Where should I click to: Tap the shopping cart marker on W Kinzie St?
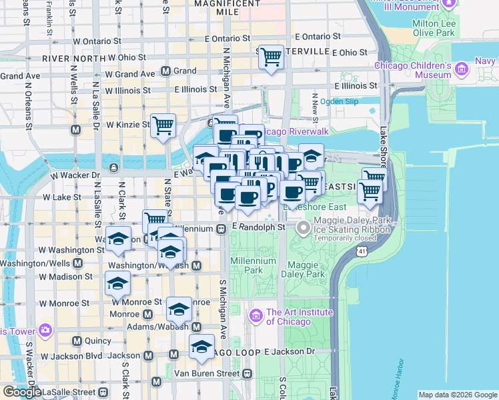point(163,125)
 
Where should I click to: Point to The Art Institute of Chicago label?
point(299,317)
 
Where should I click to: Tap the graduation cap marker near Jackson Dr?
point(201,347)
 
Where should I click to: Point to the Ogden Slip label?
point(339,101)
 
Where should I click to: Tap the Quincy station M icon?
point(77,341)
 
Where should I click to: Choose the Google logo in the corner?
point(21,392)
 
